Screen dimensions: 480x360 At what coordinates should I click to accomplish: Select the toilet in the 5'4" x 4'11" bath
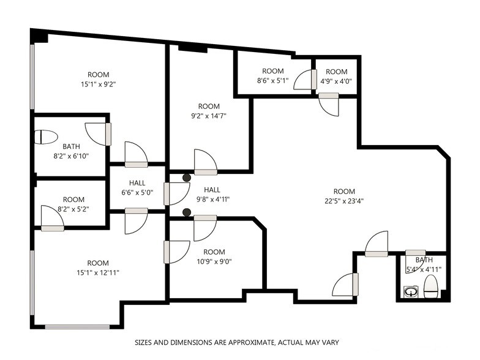431,287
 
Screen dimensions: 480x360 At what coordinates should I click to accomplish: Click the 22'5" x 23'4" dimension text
344,201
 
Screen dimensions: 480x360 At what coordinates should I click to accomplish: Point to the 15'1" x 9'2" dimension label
98,84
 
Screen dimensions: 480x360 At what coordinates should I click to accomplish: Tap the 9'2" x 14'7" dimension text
209,116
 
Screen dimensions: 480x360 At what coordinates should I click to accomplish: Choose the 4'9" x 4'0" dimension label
336,81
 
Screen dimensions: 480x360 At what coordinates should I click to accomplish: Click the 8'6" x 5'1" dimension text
273,81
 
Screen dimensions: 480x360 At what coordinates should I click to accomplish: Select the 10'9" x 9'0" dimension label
214,262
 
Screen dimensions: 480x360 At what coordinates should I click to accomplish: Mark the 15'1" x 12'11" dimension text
98,272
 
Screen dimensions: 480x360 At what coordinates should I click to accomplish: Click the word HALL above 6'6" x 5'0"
137,183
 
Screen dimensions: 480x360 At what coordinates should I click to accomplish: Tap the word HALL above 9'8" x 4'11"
212,190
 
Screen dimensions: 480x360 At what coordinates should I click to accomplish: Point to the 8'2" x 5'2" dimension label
73,209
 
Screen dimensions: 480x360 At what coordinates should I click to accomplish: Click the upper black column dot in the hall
187,178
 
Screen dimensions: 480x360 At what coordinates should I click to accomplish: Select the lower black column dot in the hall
187,212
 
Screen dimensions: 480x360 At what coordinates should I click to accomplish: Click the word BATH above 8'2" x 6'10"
71,146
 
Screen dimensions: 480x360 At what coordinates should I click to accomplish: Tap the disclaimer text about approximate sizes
237,342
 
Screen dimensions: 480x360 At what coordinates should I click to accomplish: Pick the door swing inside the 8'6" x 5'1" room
303,80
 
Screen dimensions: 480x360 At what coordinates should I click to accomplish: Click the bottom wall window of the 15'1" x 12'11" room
77,327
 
